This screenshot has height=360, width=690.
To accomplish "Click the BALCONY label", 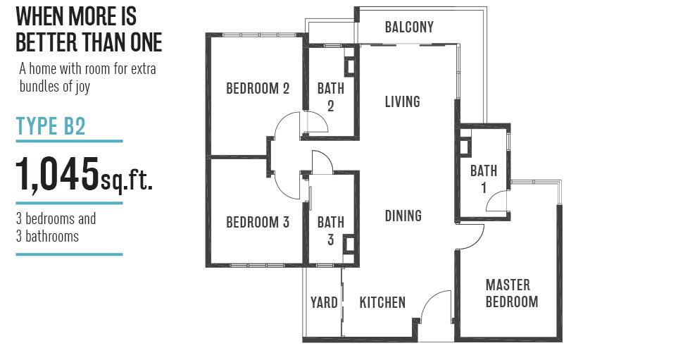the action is tap(409, 27).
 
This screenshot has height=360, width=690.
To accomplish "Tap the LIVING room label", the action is tap(402, 101).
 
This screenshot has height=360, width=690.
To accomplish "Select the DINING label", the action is tap(403, 216).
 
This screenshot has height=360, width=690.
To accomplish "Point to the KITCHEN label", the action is tap(382, 302).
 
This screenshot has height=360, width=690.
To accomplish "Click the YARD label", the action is tap(324, 302).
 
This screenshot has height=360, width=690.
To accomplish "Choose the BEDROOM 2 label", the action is tap(258, 89).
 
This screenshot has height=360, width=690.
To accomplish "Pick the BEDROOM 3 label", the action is tap(258, 222).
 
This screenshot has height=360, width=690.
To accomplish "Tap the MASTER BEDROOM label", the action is tap(512, 293).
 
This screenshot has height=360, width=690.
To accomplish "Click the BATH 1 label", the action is tap(484, 179).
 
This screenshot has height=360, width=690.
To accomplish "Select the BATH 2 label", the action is tap(331, 97).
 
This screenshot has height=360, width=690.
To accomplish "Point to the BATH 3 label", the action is tap(331, 231).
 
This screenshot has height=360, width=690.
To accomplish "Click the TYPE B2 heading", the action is tap(51, 126).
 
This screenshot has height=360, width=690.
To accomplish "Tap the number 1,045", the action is tap(57, 173).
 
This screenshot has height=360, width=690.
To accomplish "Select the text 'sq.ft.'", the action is tap(127, 180).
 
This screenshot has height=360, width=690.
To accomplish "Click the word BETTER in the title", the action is tap(48, 42).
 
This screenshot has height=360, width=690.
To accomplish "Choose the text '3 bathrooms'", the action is tap(48, 236).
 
